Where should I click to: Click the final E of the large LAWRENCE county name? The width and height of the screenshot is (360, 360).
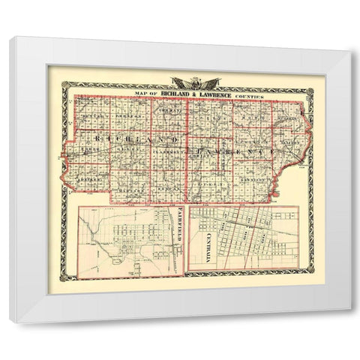(264, 152)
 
